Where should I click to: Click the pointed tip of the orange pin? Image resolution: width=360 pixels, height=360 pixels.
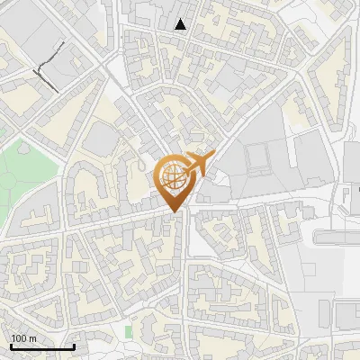coord(175,212)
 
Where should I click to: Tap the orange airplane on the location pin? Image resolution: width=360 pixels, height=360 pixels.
coord(199,164)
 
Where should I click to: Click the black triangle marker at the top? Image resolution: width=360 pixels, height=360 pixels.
coord(181,24)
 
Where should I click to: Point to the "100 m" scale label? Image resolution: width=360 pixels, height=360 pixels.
coord(23,338)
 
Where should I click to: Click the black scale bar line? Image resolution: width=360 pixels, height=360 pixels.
coord(42,346)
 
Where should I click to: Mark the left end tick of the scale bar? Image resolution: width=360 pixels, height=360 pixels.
coord(11,345)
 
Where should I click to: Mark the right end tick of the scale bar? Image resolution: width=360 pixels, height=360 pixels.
coord(74,345)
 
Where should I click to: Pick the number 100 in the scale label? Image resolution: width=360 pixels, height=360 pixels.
coord(19,338)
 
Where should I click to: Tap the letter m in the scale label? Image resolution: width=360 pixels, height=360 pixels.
coord(32,338)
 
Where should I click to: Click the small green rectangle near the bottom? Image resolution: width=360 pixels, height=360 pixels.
coord(128,331)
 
